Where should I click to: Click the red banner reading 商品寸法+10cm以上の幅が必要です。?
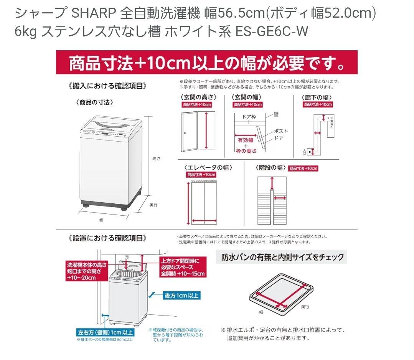(207, 63)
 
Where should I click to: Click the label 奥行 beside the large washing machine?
(153, 205)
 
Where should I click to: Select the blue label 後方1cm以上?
(182, 295)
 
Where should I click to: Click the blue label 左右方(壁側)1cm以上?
(105, 332)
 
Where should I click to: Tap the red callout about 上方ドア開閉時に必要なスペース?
(183, 267)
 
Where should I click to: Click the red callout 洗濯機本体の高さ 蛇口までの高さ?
(86, 271)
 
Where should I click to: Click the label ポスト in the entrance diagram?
(281, 131)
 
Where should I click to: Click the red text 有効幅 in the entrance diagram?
(246, 140)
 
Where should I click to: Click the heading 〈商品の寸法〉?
(94, 102)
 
